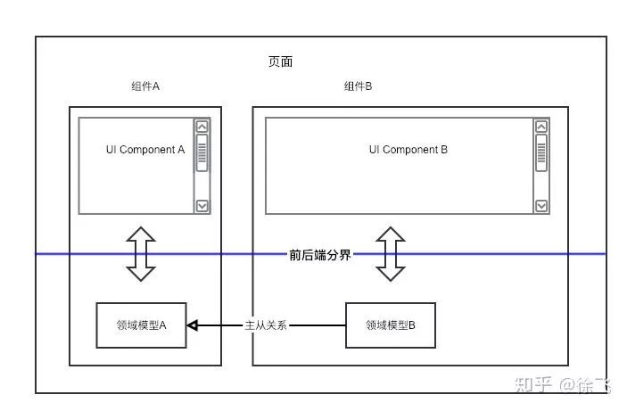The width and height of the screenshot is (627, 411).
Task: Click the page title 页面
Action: [280, 62]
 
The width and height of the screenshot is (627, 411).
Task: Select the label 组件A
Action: [144, 86]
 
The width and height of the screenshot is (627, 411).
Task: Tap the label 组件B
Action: [358, 86]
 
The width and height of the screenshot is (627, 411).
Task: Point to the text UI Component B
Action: [408, 150]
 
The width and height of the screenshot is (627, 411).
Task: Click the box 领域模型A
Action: [141, 325]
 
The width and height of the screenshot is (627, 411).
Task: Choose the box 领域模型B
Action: [391, 325]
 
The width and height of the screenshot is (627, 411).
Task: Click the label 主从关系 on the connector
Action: [267, 325]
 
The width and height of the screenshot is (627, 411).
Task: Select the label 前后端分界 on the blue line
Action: [319, 254]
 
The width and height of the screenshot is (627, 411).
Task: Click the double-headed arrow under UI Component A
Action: [141, 254]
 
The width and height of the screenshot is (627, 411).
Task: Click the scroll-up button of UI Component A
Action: [202, 127]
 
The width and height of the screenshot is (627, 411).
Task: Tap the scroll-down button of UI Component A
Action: [202, 206]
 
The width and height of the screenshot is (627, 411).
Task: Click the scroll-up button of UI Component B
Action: [541, 127]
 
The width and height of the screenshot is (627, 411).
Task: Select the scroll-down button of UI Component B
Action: [541, 206]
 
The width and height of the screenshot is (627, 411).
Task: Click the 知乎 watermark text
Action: [534, 385]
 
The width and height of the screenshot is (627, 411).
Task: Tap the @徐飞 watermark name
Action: [586, 385]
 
